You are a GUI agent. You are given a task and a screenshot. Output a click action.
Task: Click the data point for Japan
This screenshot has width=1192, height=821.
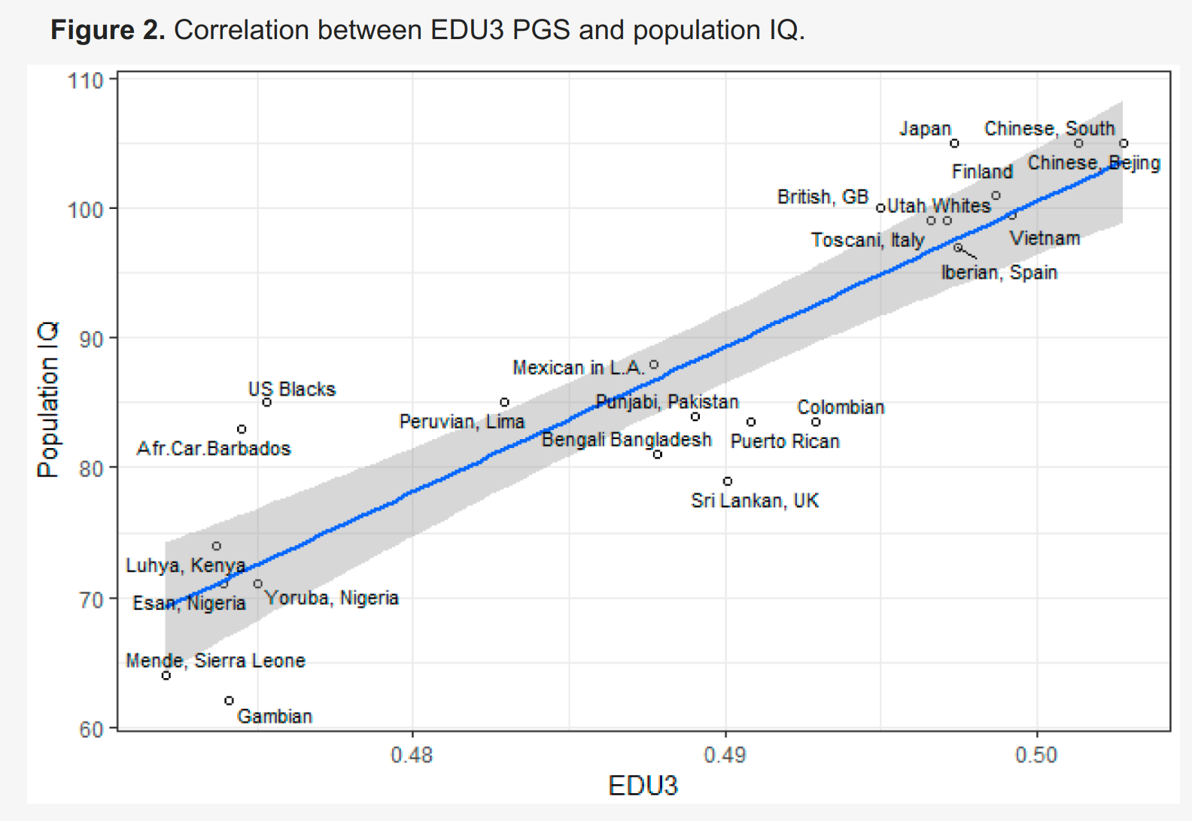coord(954,144)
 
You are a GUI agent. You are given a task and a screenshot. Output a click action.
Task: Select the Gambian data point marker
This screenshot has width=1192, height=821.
coord(229,701)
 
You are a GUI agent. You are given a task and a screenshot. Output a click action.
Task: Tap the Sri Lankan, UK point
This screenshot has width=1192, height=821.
coord(728,481)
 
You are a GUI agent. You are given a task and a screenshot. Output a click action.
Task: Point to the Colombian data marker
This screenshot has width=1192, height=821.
coord(816,422)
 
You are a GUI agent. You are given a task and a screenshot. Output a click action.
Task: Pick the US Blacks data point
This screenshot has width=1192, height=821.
coord(266,402)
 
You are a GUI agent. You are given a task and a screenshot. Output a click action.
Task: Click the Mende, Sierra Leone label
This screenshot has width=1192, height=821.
coord(215,661)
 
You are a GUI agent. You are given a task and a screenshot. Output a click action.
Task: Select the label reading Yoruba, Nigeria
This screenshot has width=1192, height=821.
coord(332,598)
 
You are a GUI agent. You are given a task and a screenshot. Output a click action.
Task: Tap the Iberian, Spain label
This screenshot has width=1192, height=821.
coord(999,272)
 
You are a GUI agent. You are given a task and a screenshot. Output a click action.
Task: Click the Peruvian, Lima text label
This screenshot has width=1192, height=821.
coord(461,422)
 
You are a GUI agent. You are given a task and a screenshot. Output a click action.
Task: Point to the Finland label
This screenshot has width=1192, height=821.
coord(982,171)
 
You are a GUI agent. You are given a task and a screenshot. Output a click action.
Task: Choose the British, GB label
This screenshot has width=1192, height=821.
coord(823,197)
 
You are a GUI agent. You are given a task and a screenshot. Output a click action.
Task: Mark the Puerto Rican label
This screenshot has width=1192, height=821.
coord(785,441)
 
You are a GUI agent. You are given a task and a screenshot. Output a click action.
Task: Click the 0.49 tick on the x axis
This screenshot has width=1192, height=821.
coord(725,754)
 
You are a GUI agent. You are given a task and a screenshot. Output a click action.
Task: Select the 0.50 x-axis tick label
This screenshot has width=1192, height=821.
coord(1036,754)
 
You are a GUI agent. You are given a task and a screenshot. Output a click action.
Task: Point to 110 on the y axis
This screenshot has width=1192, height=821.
coord(85,80)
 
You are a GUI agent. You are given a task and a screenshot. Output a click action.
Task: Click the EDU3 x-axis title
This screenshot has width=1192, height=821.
coord(643,786)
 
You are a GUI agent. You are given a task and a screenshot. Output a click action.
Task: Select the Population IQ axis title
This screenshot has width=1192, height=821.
coord(47,400)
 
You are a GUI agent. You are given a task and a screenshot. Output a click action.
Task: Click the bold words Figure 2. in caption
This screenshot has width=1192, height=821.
coord(108,30)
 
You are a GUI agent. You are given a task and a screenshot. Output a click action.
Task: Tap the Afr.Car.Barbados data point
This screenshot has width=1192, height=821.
coord(242,429)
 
